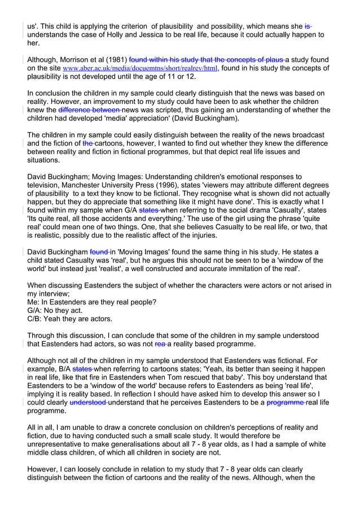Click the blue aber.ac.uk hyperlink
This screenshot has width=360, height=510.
coord(140,69)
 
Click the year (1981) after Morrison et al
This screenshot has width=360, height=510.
coord(115,60)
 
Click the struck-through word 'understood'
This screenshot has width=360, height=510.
coord(89,403)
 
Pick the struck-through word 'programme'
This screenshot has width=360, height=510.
coord(284,403)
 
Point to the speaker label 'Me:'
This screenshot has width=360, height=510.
coord(34,302)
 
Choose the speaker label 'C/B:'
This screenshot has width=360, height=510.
coord(37,319)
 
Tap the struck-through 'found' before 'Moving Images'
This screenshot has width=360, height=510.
coord(99,252)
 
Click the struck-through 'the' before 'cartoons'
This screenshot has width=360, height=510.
coord(88,143)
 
